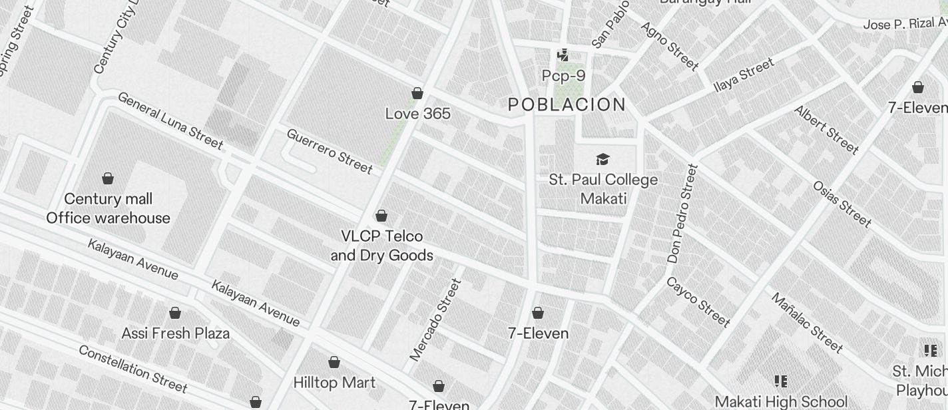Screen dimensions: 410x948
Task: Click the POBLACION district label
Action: [567, 104]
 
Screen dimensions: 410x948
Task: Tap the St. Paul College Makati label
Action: [603, 189]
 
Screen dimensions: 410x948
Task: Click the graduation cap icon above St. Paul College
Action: [602, 159]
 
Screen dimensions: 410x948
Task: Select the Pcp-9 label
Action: [563, 76]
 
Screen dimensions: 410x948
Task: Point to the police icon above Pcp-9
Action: [563, 55]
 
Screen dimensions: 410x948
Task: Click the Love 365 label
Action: [417, 114]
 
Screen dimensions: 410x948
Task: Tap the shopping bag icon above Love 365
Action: [417, 93]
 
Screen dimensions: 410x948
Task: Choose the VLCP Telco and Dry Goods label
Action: [381, 246]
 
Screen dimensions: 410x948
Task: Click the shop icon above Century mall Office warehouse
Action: [108, 178]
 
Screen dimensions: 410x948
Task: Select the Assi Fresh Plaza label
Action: [175, 333]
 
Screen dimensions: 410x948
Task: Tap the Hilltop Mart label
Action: [334, 383]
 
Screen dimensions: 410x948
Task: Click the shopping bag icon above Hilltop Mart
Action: [334, 362]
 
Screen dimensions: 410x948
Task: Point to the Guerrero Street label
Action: [329, 151]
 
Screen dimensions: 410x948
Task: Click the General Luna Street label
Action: [170, 120]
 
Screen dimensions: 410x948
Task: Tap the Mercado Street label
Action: [435, 320]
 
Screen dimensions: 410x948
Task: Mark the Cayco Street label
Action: [698, 302]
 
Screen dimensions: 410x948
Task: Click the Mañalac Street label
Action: [807, 322]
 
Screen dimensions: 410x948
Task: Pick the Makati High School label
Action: [780, 402]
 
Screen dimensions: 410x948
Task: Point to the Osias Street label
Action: [841, 203]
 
